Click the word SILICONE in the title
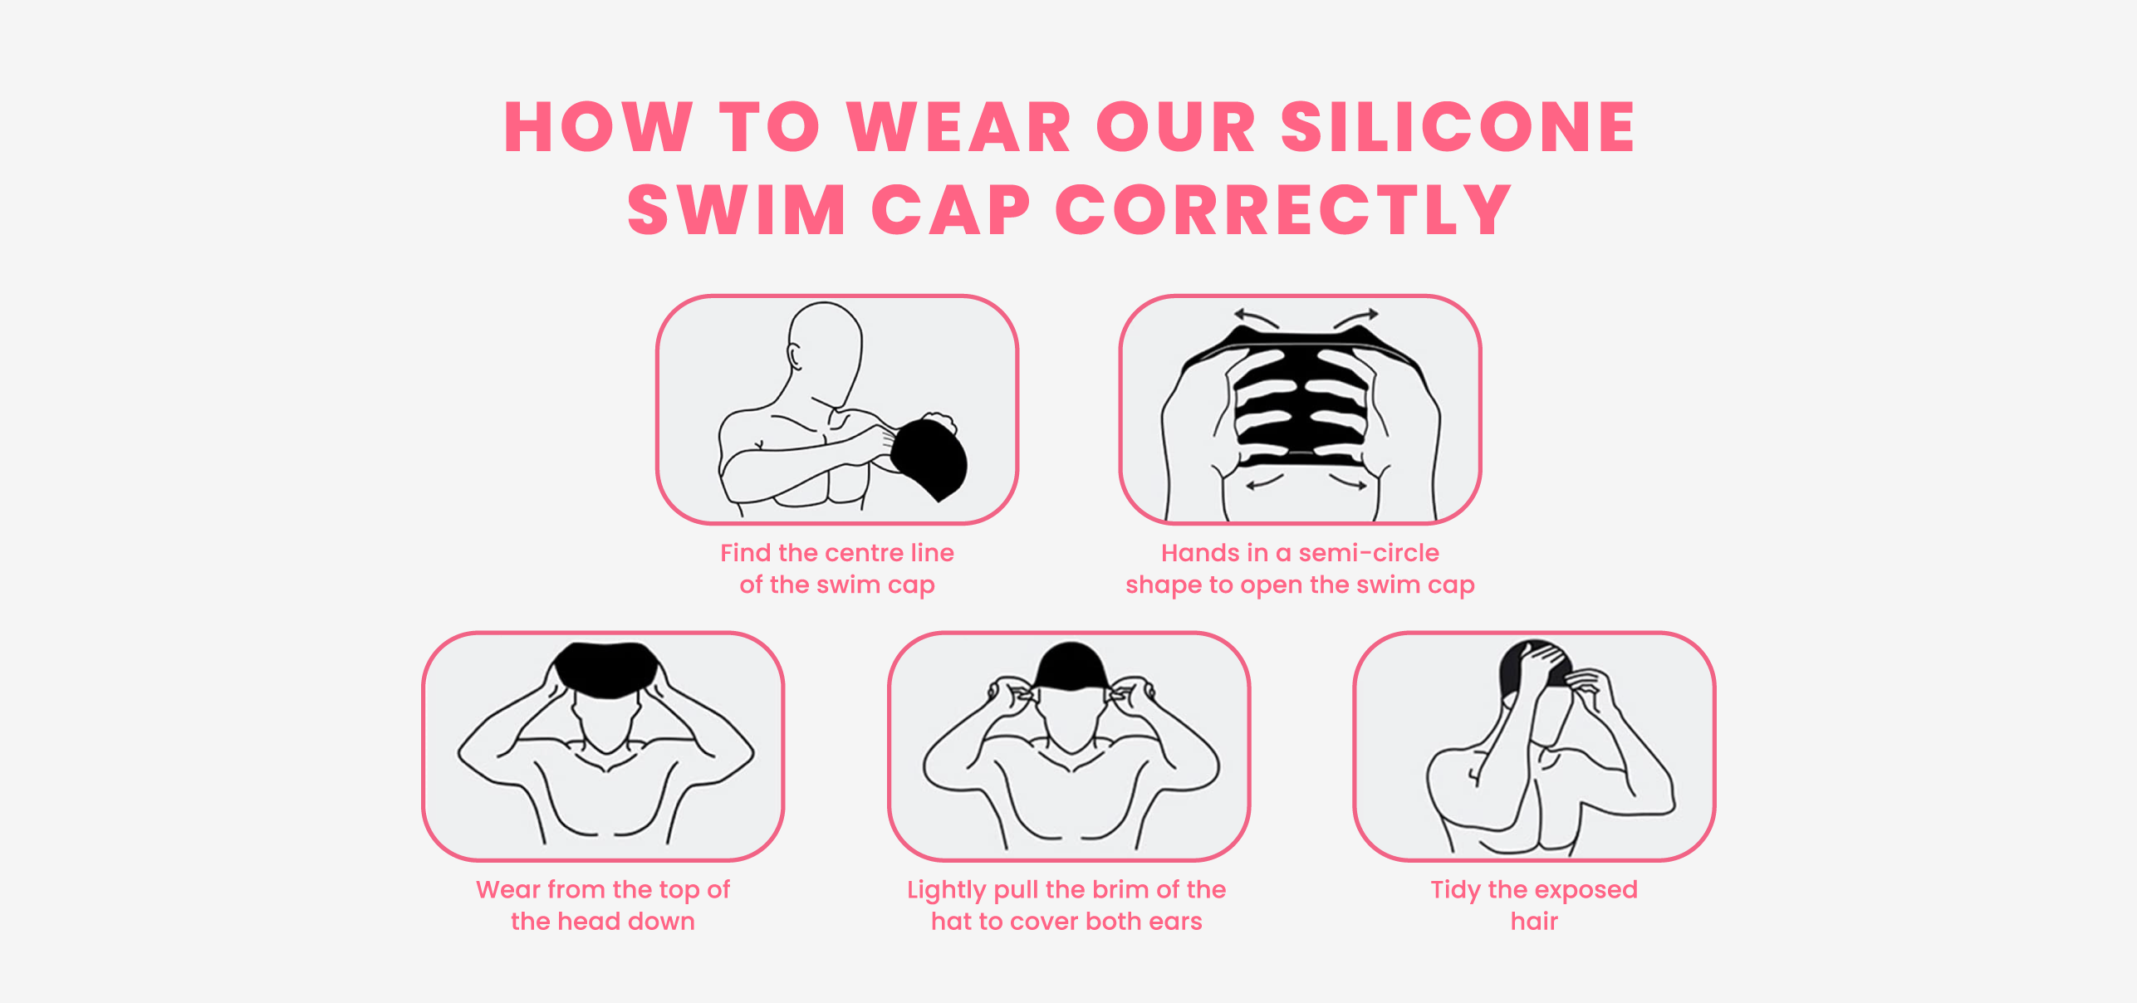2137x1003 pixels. (1458, 127)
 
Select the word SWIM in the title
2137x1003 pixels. (737, 210)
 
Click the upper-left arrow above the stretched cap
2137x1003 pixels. (1256, 318)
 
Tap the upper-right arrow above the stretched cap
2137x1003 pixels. (1356, 318)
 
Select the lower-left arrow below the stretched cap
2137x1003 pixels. (1265, 481)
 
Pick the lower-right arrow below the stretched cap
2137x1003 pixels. (1347, 482)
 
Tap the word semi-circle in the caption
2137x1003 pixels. (1369, 553)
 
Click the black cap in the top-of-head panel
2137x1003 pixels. (606, 669)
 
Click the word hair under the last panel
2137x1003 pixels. (1534, 921)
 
